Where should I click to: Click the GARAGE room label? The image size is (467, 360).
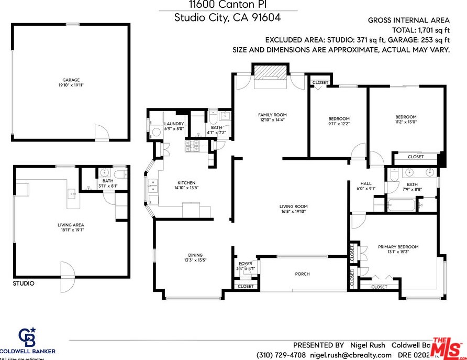coord(72,80)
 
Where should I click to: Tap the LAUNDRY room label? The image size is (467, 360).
coord(174,124)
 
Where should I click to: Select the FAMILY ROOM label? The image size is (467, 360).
coord(272,115)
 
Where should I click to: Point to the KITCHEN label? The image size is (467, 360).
coord(186,182)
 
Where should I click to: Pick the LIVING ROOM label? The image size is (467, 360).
coord(293,206)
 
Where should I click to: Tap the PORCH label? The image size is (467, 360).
coord(302,274)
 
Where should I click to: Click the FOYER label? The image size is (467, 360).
coord(246,264)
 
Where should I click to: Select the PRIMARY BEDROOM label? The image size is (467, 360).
coord(398,247)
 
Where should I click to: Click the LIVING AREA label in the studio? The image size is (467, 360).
coord(71,225)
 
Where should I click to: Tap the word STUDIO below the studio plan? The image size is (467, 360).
coord(24,283)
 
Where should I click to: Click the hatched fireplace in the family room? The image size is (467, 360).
coord(270,71)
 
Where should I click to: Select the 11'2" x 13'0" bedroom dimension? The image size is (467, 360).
coord(406,122)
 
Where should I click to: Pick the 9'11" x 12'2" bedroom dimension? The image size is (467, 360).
coord(339,124)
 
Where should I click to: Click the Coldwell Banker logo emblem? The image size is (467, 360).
coord(27,336)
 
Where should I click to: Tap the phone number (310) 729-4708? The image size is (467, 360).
coord(281,355)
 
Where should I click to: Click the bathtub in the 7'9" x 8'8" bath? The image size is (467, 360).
coord(402,204)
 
